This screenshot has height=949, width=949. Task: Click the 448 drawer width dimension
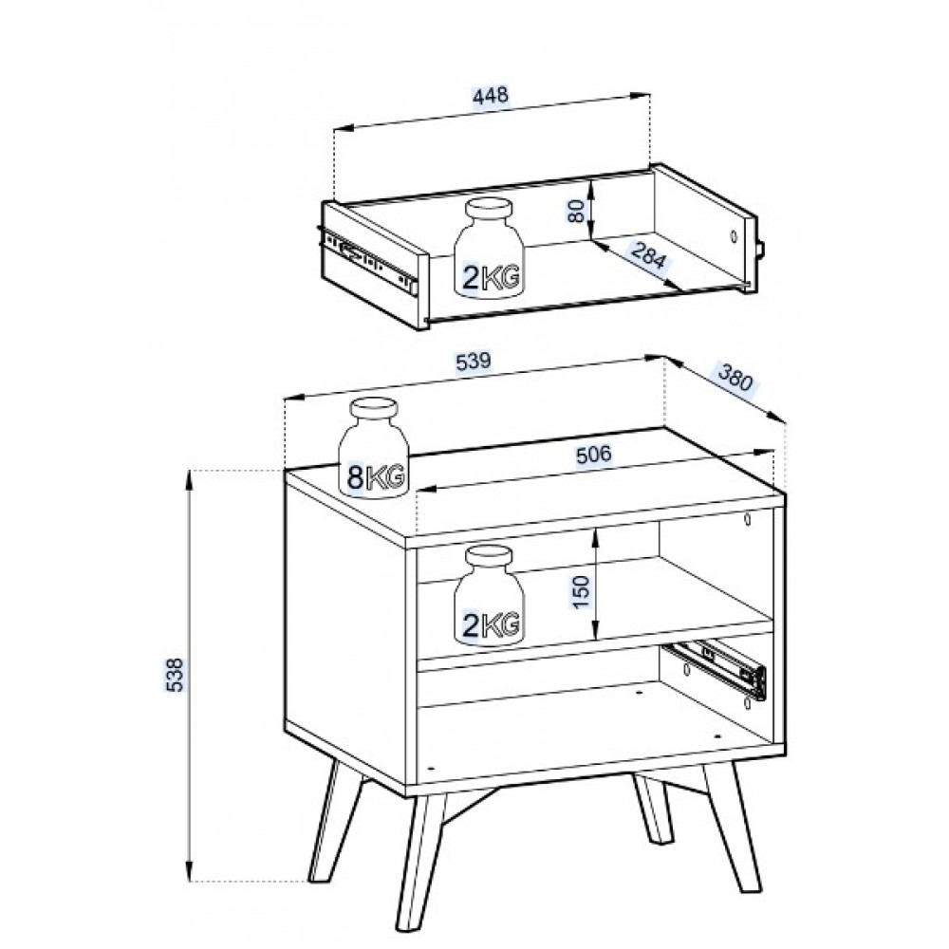click(x=491, y=96)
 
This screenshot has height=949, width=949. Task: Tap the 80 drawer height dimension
click(x=578, y=211)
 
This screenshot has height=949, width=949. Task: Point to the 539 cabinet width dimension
click(x=474, y=362)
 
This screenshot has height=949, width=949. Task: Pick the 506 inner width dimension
click(x=593, y=454)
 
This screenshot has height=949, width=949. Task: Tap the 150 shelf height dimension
click(x=580, y=592)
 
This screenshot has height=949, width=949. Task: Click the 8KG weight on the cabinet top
click(x=373, y=448)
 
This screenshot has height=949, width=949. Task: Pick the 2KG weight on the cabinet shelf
click(x=489, y=595)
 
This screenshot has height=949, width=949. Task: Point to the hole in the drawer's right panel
click(x=734, y=236)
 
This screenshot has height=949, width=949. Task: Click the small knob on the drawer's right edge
click(x=761, y=249)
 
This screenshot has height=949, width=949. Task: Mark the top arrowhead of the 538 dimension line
click(x=190, y=478)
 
